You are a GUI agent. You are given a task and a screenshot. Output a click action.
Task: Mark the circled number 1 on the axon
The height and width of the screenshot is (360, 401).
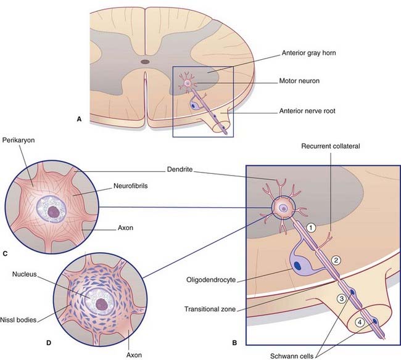312,227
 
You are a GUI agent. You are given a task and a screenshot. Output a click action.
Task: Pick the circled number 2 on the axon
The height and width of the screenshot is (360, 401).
336,259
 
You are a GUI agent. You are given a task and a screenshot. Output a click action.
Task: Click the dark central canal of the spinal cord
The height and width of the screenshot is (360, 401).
145,62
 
